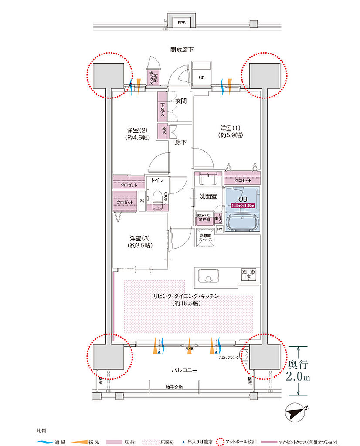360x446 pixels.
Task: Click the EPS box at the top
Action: tap(180, 22)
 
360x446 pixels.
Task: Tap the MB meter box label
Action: tap(202, 78)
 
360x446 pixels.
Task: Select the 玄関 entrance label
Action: tap(181, 101)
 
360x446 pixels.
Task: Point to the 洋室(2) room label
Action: tap(138, 134)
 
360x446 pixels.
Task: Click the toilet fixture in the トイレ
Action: tap(157, 199)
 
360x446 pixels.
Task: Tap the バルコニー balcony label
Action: tap(183, 371)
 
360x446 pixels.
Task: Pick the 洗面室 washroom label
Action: tap(207, 196)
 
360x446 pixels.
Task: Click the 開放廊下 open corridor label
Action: tap(182, 50)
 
